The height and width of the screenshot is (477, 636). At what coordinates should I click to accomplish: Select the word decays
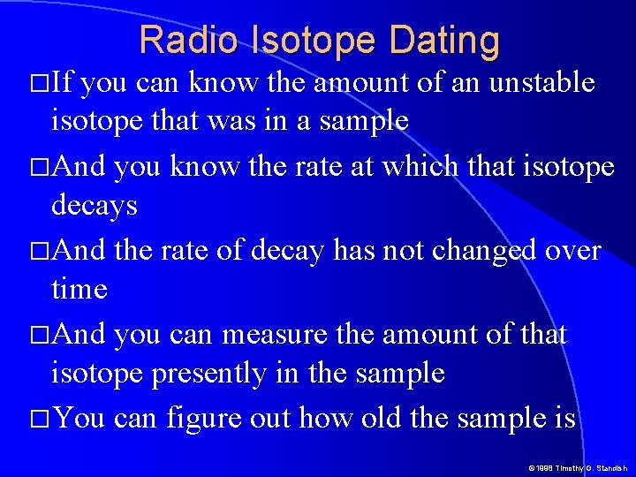[95, 207]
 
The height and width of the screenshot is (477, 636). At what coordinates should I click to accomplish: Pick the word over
[574, 250]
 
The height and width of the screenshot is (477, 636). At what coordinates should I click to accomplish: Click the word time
[79, 289]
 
